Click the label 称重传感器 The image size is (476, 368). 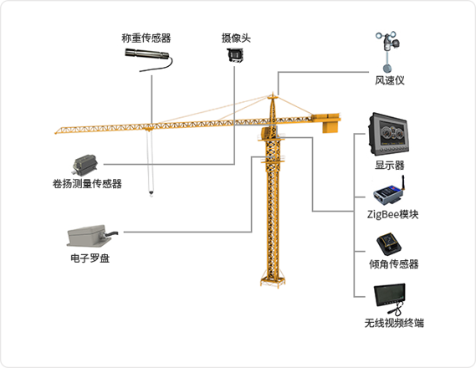146,38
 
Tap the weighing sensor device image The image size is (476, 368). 148,59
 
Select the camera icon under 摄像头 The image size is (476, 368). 235,54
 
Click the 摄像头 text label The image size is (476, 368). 236,38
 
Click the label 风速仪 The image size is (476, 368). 390,80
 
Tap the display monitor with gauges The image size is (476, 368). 388,135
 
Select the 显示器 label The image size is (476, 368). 390,166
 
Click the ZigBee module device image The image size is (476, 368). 389,191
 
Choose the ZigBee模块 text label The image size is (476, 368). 392,214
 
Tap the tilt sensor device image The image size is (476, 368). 389,244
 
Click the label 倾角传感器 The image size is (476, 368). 393,264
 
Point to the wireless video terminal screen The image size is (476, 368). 390,296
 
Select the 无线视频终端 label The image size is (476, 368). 394,323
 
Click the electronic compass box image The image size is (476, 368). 91,236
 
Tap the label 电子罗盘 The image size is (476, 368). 90,258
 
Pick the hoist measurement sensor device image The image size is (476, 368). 85,165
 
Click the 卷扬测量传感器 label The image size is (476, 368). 87,184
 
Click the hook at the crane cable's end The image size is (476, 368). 151,193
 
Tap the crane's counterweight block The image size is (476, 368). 330,127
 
